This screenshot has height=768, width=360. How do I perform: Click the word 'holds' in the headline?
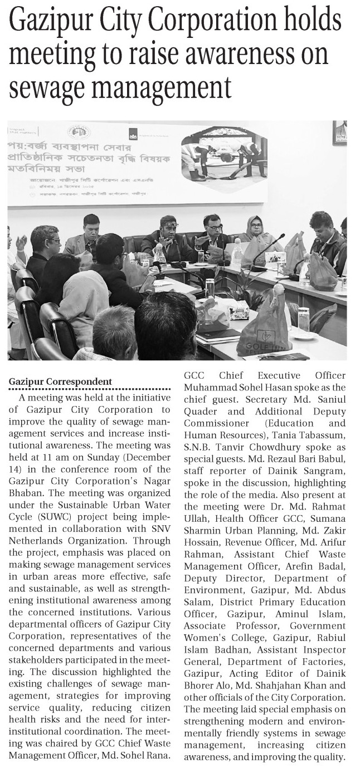[x=310, y=23]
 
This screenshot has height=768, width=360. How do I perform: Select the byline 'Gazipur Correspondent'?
[x=60, y=381]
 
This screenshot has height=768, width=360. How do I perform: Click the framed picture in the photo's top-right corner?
[x=339, y=133]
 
